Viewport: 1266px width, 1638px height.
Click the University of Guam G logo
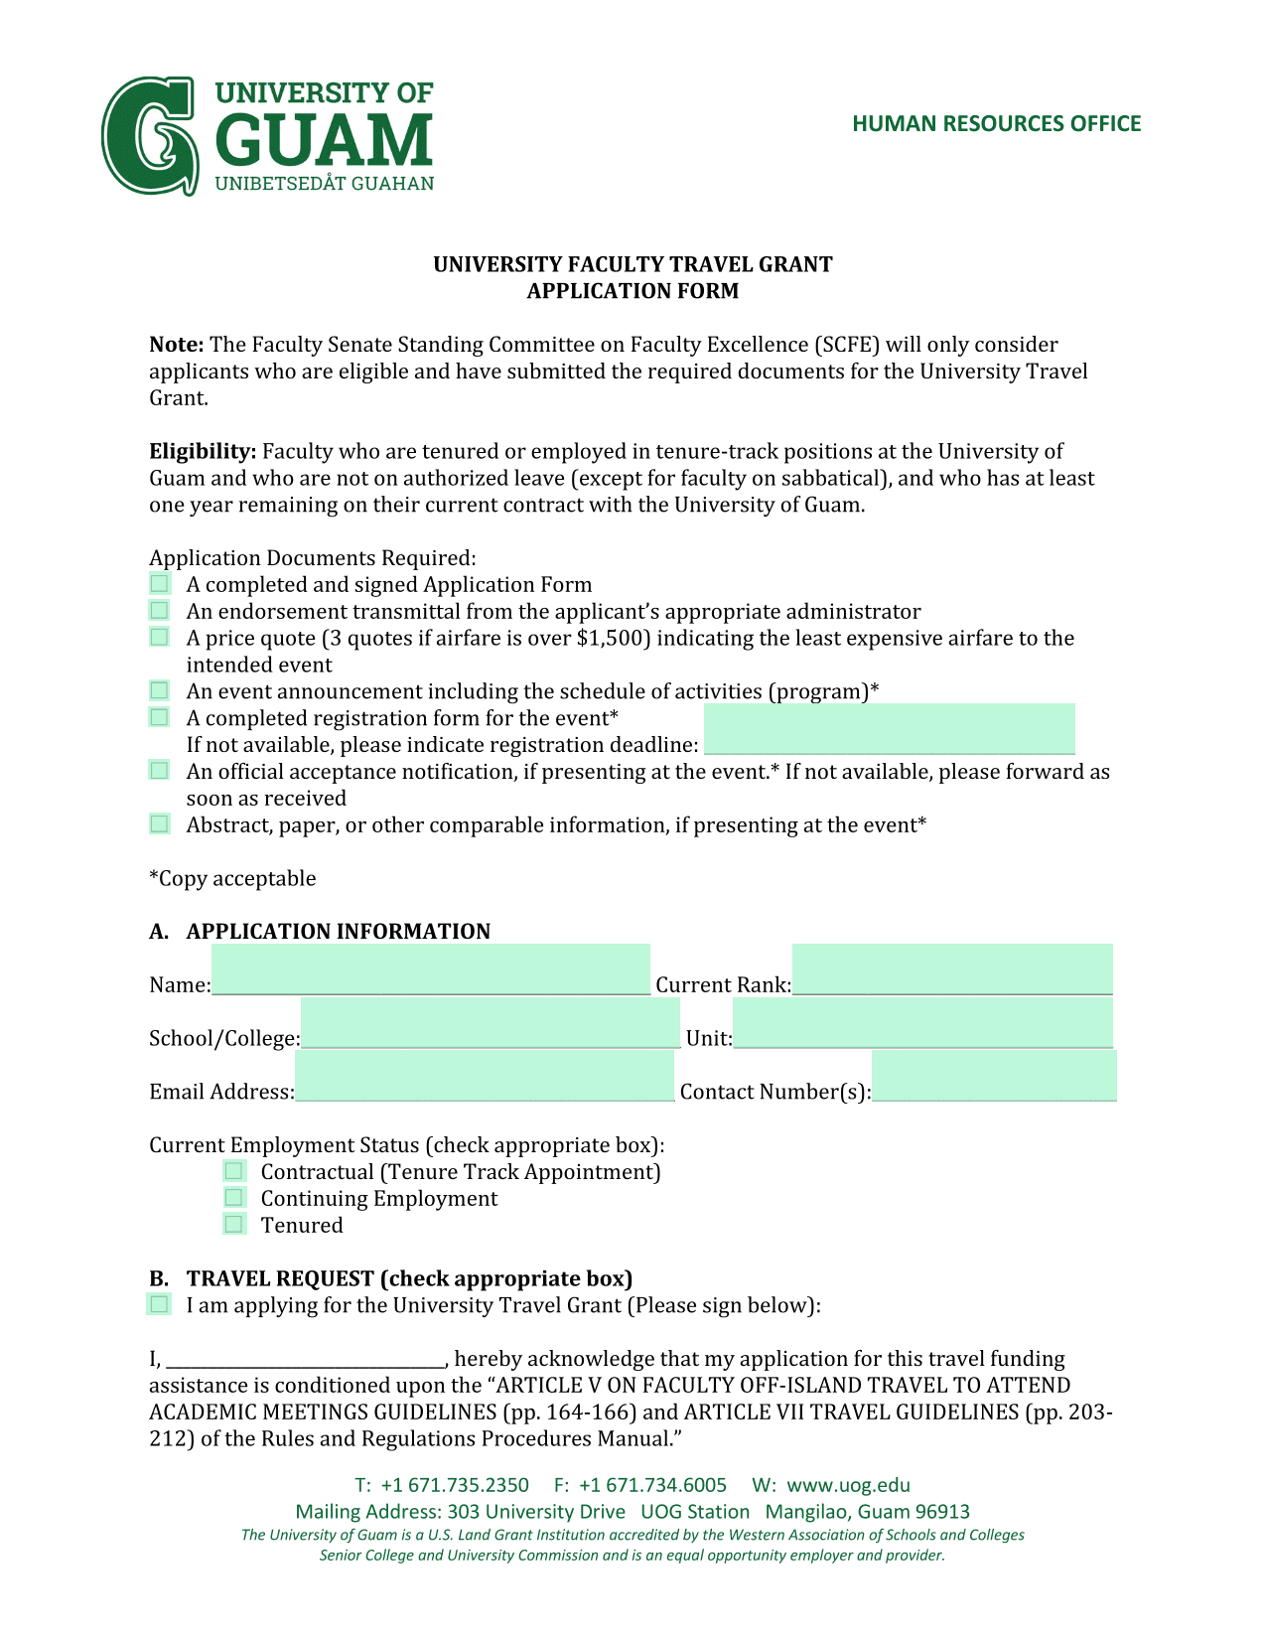(x=149, y=136)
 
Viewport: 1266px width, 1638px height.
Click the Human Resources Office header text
(x=996, y=124)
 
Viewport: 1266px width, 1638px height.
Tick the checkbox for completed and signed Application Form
(x=160, y=583)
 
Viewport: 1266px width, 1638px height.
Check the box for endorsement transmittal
(x=160, y=610)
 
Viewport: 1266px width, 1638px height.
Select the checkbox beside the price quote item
(x=160, y=637)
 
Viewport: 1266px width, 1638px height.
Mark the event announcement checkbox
(x=160, y=690)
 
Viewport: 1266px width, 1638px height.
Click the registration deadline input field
(x=889, y=730)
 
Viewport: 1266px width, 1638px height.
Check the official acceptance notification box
(x=160, y=771)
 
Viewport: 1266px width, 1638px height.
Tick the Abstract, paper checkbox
(x=160, y=823)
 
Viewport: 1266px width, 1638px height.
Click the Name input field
(x=431, y=970)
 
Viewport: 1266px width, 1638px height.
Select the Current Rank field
(x=952, y=970)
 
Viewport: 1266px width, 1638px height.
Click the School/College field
(x=491, y=1024)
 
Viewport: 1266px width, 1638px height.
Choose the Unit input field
(x=922, y=1024)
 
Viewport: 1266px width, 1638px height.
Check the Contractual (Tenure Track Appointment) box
(x=234, y=1171)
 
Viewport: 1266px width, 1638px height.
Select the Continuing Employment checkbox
(x=234, y=1198)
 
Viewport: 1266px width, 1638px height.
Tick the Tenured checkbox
(x=234, y=1225)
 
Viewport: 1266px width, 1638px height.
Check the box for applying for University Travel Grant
(x=160, y=1304)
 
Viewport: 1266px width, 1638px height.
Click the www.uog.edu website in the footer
(x=848, y=1485)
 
